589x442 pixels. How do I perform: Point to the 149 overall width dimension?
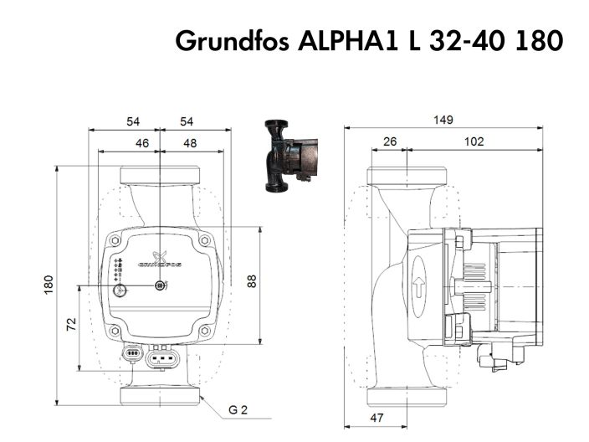click(x=443, y=121)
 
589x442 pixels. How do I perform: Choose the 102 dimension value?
click(x=474, y=141)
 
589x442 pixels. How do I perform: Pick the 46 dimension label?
click(x=141, y=143)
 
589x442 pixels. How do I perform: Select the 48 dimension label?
click(x=190, y=143)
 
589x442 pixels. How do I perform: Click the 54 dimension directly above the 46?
click(x=133, y=122)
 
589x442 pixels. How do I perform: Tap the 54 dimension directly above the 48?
click(x=186, y=122)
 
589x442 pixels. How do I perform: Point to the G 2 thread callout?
click(x=239, y=410)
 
